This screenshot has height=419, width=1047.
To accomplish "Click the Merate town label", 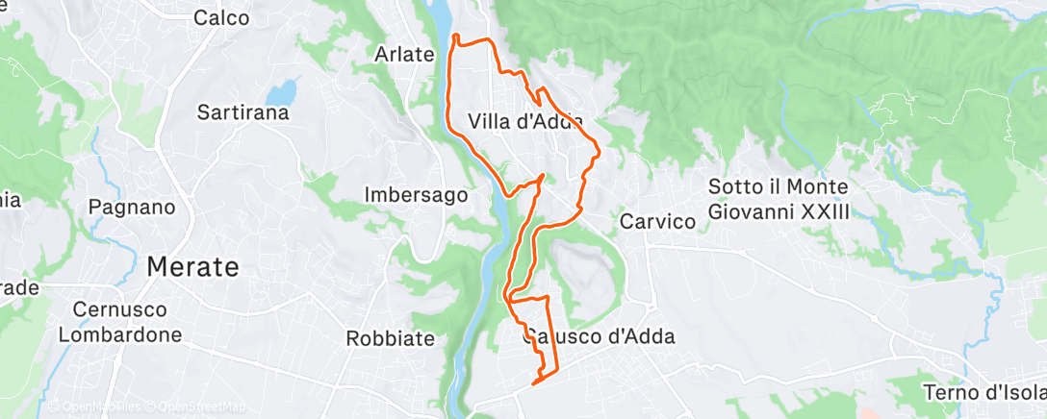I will point(192,267).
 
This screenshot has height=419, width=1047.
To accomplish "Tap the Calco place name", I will point(221,17).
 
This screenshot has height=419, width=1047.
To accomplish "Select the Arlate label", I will point(403,55).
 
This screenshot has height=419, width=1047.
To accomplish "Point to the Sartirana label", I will point(242,112).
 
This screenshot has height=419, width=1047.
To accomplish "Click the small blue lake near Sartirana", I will point(281,93).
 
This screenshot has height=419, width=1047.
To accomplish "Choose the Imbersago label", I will point(416,194).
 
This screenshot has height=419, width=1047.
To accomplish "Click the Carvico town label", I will point(657,221).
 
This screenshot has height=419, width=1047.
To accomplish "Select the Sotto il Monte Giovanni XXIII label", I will point(779,198).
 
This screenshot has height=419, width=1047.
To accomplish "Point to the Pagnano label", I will point(131,207).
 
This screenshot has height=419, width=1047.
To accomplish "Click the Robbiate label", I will point(391,339).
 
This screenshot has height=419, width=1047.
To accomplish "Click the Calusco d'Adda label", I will point(599,336).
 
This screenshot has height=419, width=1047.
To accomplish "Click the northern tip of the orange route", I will point(454,37).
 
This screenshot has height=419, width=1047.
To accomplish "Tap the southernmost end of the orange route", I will point(534,384).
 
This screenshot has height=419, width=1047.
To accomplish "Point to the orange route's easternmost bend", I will point(600,149).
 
